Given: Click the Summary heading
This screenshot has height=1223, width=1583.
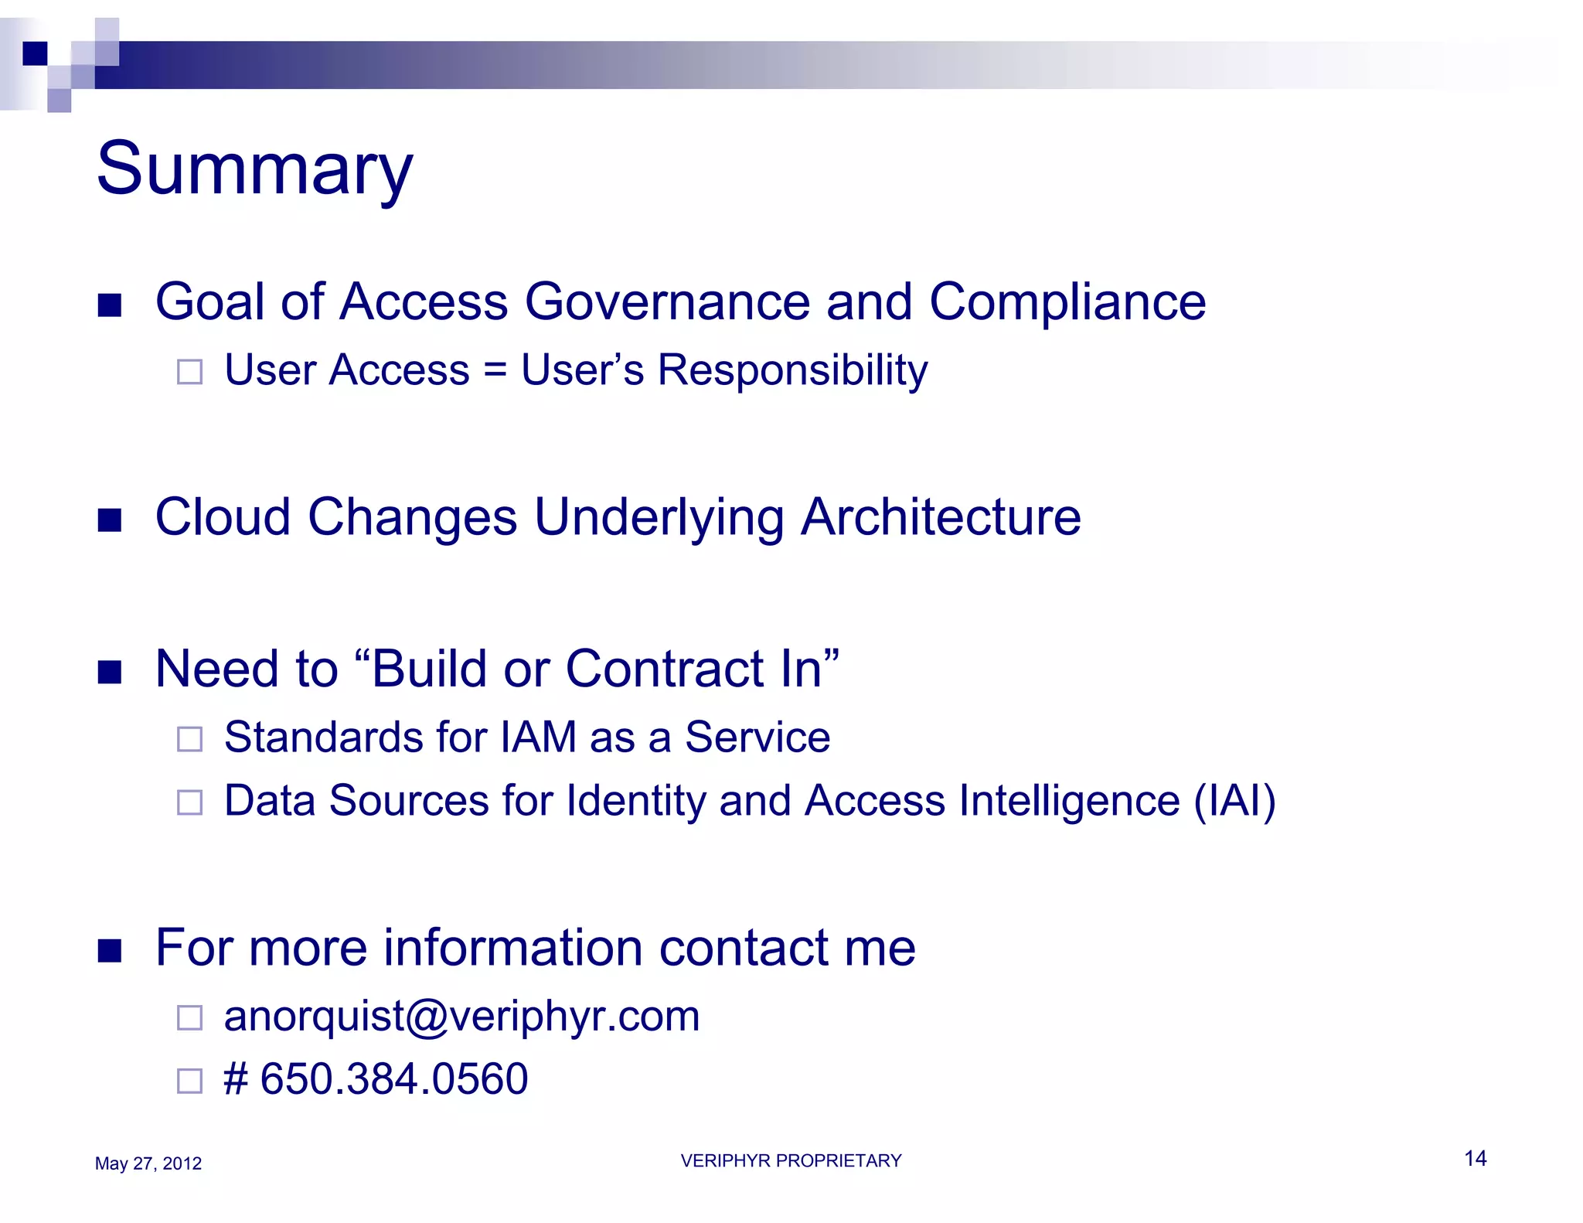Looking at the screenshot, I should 254,169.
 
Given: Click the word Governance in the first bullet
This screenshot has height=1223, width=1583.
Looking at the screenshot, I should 667,301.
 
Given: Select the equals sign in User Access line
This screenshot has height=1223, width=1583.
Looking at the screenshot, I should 495,370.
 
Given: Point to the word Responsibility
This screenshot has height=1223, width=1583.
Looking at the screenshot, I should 792,370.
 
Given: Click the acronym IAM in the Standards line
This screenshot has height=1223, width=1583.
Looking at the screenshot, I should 538,737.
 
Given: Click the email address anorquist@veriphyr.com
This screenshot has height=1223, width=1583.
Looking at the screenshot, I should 461,1016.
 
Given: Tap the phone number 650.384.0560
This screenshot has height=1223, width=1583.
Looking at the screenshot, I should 394,1078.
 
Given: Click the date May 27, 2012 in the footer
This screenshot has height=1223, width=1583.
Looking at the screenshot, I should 148,1163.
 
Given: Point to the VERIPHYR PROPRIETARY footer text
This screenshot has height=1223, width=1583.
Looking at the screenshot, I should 791,1160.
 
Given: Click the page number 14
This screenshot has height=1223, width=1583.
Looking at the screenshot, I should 1475,1158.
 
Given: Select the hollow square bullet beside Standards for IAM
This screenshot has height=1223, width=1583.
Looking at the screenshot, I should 189,739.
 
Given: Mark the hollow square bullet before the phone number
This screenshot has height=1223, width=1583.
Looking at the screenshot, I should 189,1081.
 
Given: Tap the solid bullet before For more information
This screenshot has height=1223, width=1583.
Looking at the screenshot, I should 110,951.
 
